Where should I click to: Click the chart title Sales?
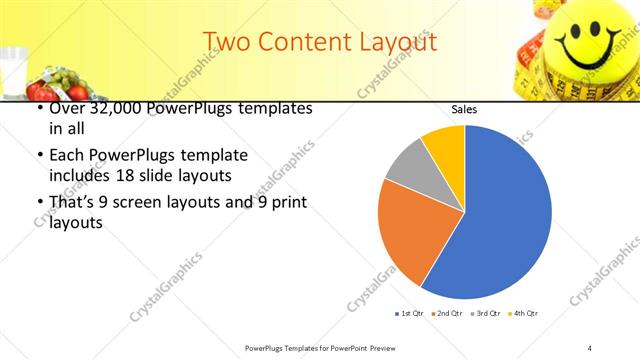463,109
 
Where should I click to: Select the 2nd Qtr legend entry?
448,314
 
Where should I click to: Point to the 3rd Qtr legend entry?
487,314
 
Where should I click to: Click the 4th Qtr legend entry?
525,314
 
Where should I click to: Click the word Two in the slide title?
225,42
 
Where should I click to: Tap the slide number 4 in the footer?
590,347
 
